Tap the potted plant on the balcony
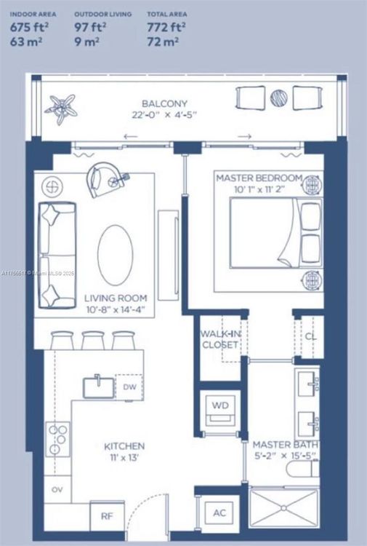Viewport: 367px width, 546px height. [60, 106]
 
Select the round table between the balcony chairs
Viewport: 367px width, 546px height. [280, 97]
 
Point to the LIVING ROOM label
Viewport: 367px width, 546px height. [115, 298]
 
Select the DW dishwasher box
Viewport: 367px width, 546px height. [129, 387]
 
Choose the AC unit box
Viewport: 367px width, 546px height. [219, 513]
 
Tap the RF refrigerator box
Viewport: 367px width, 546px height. [106, 517]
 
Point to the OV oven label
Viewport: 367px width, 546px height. [56, 490]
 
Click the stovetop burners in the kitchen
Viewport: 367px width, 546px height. [57, 439]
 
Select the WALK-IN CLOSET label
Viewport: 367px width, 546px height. [219, 339]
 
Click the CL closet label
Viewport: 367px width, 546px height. [310, 337]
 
